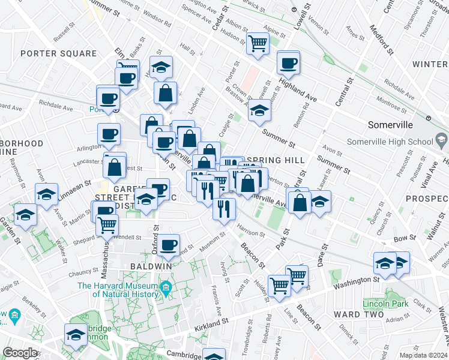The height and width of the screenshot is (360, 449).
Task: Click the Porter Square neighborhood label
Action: pyautogui.click(x=58, y=53)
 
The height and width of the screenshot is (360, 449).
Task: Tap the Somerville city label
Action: pyautogui.click(x=391, y=125)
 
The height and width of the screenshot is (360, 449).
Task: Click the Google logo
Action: pyautogui.click(x=19, y=353)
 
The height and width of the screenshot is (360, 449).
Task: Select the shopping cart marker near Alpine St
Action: pyautogui.click(x=258, y=43)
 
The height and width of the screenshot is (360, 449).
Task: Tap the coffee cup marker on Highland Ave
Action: pyautogui.click(x=288, y=63)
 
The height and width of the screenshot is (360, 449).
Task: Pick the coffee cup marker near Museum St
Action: pyautogui.click(x=169, y=245)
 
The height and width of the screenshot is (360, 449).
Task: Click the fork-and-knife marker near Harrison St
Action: pyautogui.click(x=224, y=209)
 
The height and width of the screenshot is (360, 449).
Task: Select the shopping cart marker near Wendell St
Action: pyautogui.click(x=107, y=225)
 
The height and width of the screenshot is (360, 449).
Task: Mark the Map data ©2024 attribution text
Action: pyautogui.click(x=424, y=355)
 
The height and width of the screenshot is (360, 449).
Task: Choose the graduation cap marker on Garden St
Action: pyautogui.click(x=26, y=215)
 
